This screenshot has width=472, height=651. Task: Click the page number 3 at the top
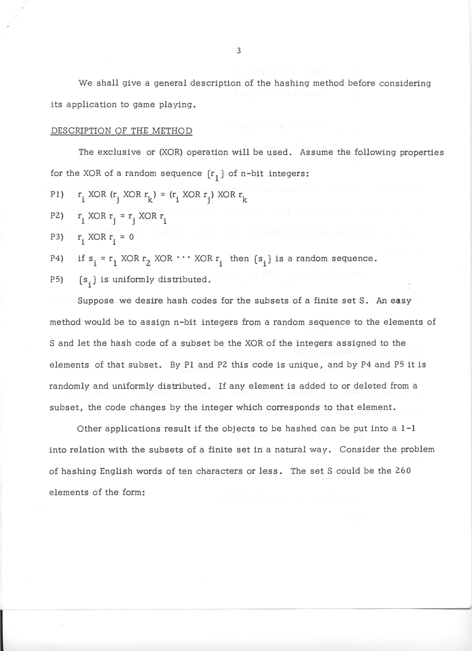(239, 51)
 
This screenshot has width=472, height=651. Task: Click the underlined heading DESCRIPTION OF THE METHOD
(121, 131)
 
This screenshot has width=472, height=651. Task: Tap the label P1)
(56, 194)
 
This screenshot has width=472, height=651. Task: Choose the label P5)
(56, 279)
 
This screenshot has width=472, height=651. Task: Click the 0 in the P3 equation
(131, 238)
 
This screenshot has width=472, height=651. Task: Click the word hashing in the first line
(291, 83)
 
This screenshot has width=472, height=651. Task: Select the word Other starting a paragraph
(90, 429)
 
